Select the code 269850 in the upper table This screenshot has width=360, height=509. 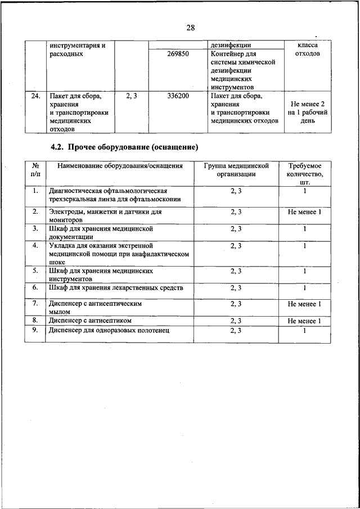click(x=178, y=55)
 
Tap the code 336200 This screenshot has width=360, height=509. click(x=178, y=96)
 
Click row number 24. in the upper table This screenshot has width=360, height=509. click(x=35, y=96)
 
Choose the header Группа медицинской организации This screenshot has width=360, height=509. click(x=236, y=170)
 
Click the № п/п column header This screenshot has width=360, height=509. click(x=35, y=170)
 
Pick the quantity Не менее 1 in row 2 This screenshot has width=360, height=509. click(x=304, y=212)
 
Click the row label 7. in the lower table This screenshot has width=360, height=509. click(x=35, y=304)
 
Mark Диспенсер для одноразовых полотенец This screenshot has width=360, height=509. click(x=109, y=330)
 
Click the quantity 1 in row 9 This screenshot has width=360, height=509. click(x=304, y=330)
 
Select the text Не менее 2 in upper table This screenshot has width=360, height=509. click(x=308, y=104)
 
